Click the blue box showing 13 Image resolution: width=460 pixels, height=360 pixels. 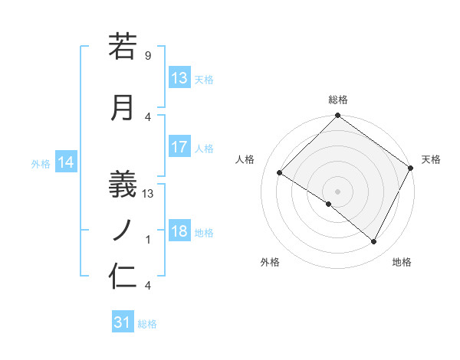click(x=179, y=77)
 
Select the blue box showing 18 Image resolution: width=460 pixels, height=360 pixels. click(x=179, y=231)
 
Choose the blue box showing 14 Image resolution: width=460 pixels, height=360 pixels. click(x=65, y=162)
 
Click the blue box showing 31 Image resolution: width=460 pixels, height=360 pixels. click(x=123, y=323)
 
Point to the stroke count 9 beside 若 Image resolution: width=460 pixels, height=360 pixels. click(x=147, y=56)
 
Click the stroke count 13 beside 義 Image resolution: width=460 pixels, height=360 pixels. click(x=148, y=193)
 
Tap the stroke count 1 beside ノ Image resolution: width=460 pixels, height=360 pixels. click(x=148, y=240)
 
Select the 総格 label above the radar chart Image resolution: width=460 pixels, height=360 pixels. click(x=338, y=100)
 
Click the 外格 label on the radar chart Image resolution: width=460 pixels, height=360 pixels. click(x=270, y=262)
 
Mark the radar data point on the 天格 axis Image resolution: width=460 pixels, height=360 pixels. click(x=411, y=168)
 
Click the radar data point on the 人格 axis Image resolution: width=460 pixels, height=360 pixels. click(x=280, y=173)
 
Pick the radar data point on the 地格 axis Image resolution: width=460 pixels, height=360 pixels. click(x=374, y=242)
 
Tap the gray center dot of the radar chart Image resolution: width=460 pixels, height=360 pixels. click(x=337, y=191)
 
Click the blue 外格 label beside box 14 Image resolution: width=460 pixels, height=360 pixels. click(x=41, y=163)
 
